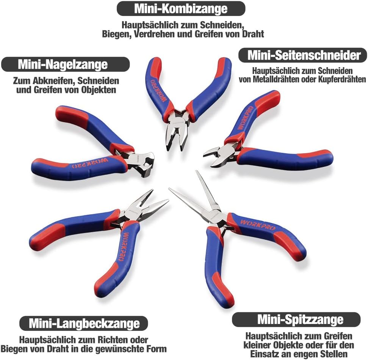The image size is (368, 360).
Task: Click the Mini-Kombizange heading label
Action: click(181, 8)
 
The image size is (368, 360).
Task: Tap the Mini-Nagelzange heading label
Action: click(65, 64)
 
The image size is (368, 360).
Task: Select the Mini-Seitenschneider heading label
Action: click(302, 55)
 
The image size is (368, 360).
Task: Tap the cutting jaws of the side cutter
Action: click(218, 156)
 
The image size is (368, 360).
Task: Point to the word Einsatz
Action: click(268, 354)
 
